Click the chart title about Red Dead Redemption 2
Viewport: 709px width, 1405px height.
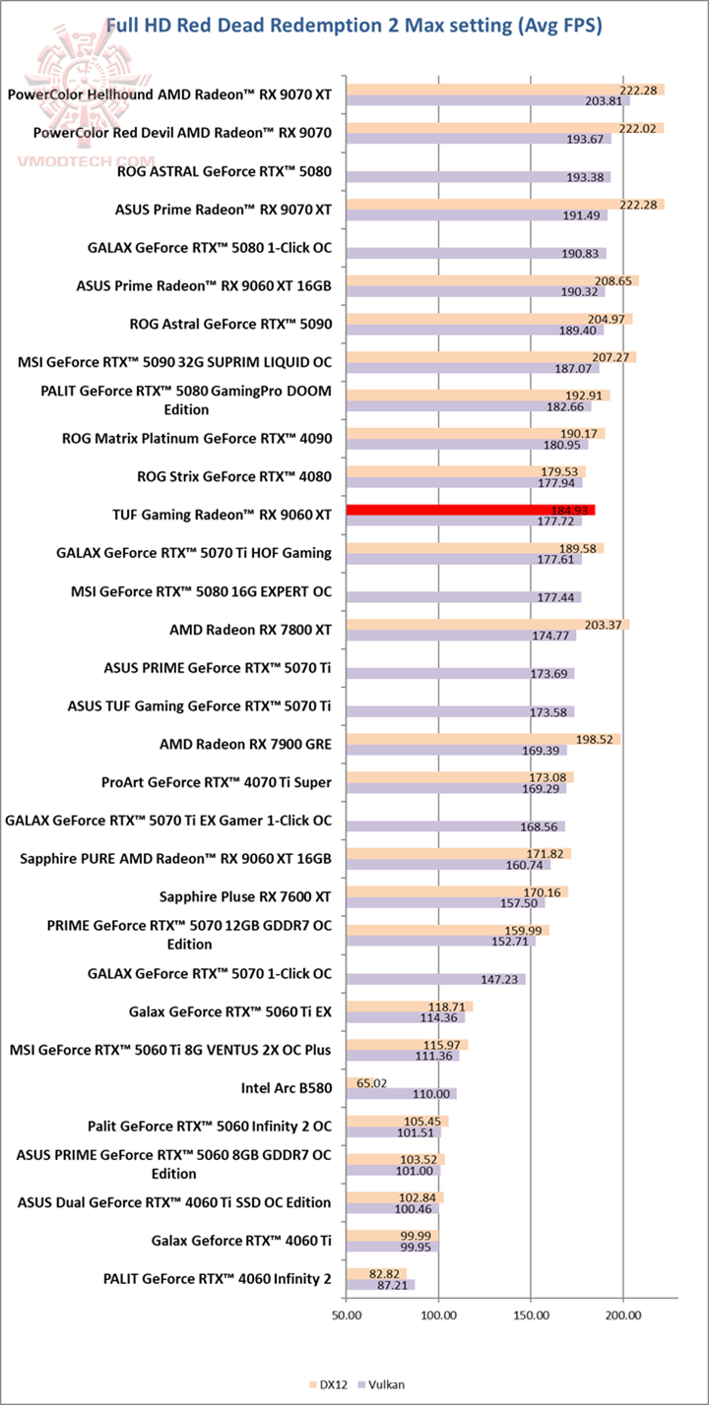(354, 25)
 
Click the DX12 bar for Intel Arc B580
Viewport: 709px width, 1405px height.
(359, 1082)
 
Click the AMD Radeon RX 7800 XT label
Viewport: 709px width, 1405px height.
(251, 630)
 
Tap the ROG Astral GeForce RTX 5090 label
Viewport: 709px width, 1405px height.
(230, 323)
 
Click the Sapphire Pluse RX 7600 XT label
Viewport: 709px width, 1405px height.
(245, 896)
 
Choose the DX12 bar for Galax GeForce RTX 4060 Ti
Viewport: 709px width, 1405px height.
(391, 1235)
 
